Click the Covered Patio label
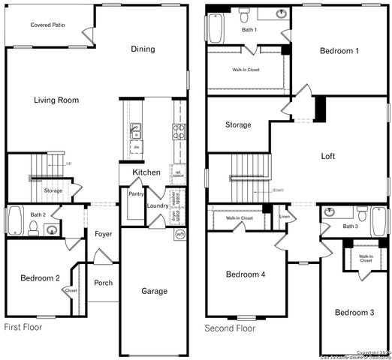point(46,25)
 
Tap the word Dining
point(143,49)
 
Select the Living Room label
point(56,100)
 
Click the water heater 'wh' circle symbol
point(179,235)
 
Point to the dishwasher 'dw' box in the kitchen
point(136,148)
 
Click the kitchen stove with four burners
point(179,132)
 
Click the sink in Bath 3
point(329,212)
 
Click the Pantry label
point(136,194)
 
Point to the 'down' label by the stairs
point(277,190)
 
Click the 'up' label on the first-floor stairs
point(68,163)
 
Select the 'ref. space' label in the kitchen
point(179,174)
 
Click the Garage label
point(154,291)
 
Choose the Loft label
point(328,157)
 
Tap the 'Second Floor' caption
point(231,328)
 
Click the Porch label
point(103,283)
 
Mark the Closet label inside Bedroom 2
point(71,290)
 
